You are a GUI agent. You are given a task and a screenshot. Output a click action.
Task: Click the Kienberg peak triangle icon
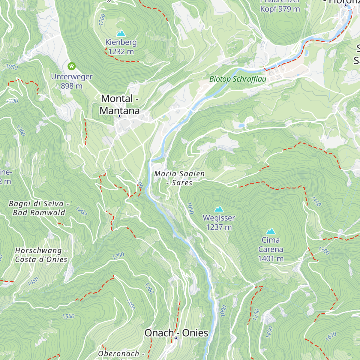121,33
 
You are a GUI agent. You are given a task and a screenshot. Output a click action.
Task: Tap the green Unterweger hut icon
71,66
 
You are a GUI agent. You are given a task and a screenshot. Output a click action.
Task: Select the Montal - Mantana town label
120,104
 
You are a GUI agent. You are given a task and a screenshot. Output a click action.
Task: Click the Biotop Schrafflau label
238,79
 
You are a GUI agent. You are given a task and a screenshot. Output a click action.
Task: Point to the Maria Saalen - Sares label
179,178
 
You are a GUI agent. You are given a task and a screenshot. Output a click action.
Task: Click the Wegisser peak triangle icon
219,209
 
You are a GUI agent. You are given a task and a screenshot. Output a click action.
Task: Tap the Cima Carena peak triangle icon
271,231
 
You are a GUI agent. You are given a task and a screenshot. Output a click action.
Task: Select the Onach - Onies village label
176,333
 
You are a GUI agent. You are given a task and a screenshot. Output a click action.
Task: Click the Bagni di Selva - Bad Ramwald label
39,208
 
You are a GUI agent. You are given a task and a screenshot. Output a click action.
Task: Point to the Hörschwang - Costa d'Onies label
41,255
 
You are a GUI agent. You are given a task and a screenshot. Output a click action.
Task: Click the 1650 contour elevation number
331,337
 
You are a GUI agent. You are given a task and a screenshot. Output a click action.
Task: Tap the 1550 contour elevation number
68,316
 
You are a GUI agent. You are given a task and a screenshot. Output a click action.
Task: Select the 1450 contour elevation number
33,281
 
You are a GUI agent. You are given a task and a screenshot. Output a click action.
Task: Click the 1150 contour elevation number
316,202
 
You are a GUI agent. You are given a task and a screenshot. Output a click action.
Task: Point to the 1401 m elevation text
271,259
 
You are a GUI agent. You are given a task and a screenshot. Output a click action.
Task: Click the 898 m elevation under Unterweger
71,86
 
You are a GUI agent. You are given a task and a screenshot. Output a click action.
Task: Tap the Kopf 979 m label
280,9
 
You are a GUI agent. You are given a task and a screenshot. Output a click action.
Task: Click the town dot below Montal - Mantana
119,116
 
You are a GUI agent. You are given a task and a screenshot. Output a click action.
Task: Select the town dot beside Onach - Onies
176,338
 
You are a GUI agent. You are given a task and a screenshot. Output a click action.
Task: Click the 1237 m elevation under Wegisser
219,227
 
